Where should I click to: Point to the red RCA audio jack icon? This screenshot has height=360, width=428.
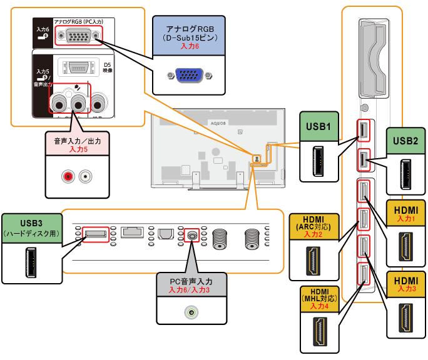point(67,177)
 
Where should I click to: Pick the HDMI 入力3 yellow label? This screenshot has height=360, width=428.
point(406,283)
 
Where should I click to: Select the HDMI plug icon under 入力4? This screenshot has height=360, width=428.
point(320,332)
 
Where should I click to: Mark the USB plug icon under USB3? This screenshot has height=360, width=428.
point(30,264)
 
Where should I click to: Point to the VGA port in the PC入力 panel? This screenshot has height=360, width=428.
point(78,36)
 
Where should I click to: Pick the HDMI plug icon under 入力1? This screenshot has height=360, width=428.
point(406,246)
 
